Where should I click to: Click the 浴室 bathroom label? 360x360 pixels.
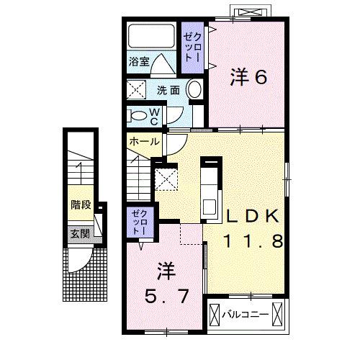[139, 63]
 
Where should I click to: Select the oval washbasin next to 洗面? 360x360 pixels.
[194, 90]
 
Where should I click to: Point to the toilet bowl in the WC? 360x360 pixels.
[138, 114]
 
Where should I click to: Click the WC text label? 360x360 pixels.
[155, 114]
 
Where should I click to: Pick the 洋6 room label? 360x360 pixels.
[249, 76]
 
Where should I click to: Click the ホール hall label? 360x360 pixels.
[144, 142]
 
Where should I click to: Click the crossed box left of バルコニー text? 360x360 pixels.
[214, 315]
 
